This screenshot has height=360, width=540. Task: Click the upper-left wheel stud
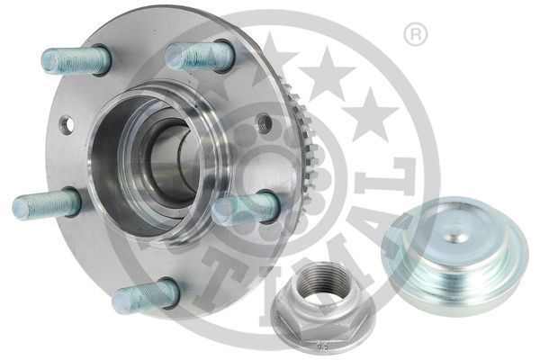(76, 60)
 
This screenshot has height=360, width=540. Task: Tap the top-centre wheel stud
(200, 56)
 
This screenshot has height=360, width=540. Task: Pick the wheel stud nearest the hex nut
(245, 208)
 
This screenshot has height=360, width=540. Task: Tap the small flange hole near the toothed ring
(264, 123)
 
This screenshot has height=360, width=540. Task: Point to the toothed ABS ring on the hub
(301, 135)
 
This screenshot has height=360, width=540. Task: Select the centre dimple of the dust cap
(458, 238)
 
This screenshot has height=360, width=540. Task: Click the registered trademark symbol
(415, 36)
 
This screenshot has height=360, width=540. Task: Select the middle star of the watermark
(326, 72)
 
